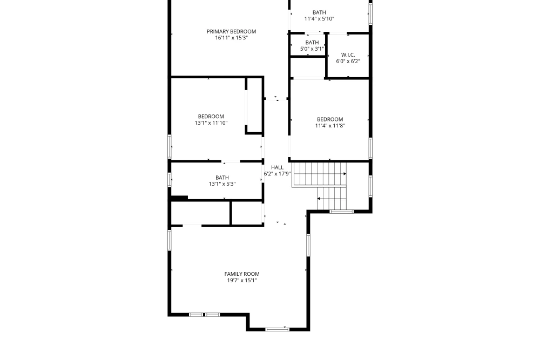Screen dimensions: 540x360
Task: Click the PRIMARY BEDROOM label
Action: (x=232, y=31)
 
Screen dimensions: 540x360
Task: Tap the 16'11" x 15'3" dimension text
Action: (x=232, y=38)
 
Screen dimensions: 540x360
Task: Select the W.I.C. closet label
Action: (x=348, y=55)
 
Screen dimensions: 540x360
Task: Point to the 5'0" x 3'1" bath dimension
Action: (x=312, y=49)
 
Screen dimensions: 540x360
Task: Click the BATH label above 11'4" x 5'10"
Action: (x=319, y=12)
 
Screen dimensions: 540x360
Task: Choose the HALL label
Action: (x=277, y=167)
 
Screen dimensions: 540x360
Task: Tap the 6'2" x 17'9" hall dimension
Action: (x=277, y=174)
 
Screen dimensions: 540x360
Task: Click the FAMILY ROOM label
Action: (x=242, y=274)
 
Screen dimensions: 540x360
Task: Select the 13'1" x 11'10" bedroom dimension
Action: (x=211, y=123)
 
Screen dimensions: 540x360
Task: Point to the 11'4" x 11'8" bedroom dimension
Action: (x=330, y=126)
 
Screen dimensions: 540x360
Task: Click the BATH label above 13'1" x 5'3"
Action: (x=222, y=178)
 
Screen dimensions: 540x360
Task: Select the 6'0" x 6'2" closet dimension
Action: (x=348, y=62)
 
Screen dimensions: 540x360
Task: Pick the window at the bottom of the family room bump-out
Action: (x=278, y=329)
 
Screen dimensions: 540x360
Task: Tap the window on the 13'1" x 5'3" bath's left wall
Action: (x=170, y=179)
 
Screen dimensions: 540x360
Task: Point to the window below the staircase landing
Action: (x=342, y=212)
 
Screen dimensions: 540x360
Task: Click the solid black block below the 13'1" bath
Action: (x=179, y=198)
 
